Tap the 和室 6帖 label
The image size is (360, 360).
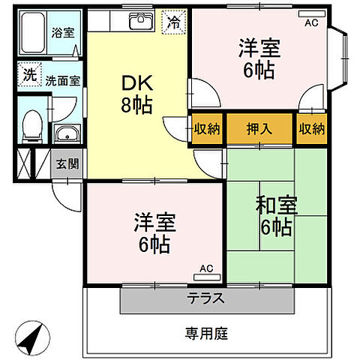tap(274, 216)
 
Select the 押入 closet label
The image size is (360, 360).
tap(260, 128)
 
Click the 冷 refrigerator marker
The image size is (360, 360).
tap(174, 23)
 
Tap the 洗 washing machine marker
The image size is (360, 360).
tap(29, 74)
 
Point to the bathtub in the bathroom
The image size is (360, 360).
tap(31, 32)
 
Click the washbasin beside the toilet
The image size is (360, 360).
tap(66, 135)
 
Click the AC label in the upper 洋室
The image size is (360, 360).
tap(310, 23)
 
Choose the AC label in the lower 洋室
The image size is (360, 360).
tap(207, 268)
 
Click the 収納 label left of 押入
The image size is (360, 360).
tap(207, 128)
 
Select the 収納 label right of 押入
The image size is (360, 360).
tap(311, 128)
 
